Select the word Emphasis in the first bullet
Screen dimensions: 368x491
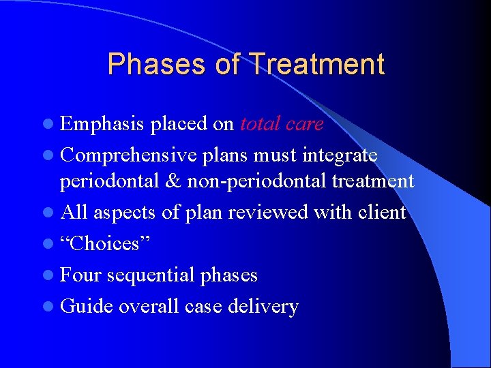(x=102, y=124)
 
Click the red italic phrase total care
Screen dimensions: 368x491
(x=282, y=124)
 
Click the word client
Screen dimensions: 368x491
(x=378, y=213)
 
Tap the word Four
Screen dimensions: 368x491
(x=81, y=275)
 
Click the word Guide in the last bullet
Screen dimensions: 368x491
(x=87, y=306)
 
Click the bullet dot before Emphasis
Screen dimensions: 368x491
(x=50, y=125)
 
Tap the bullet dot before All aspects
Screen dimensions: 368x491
(x=50, y=213)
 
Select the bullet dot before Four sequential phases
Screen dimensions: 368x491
(x=50, y=275)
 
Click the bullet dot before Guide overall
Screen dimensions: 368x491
(x=50, y=307)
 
